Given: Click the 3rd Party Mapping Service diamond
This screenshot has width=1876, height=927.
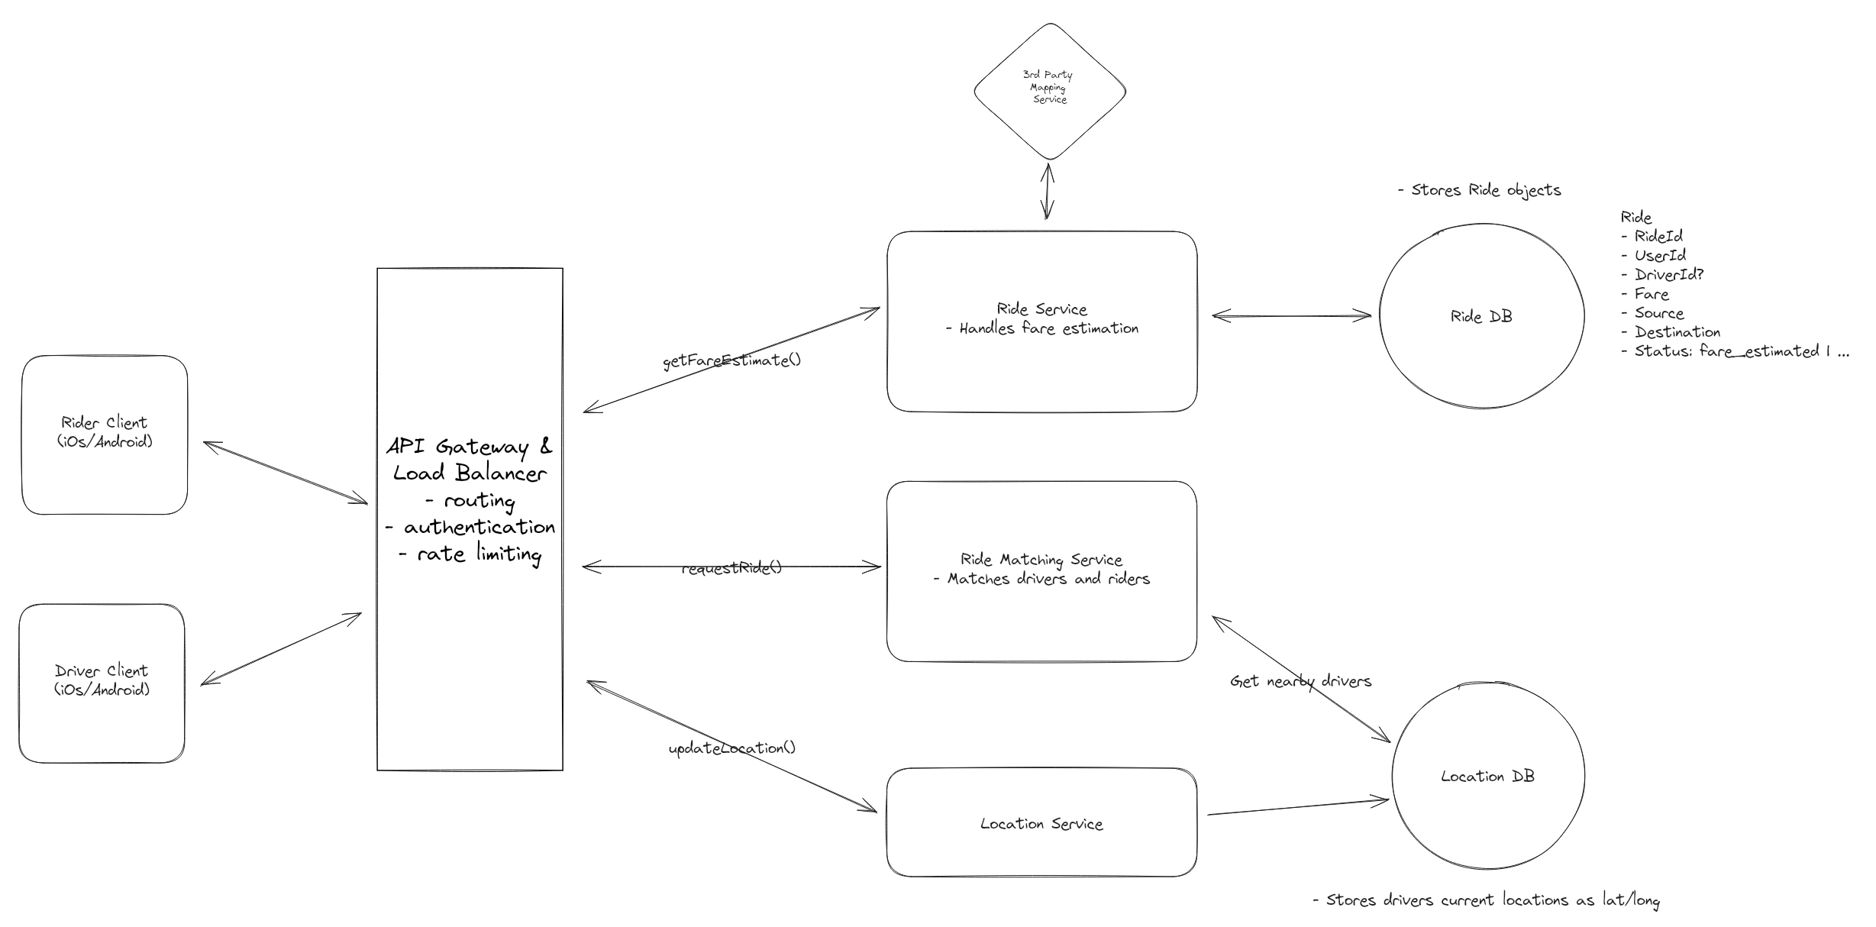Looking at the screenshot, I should (1049, 91).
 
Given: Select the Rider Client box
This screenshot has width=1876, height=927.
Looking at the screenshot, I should (105, 434).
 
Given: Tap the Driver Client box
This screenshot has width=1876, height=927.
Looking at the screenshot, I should (102, 683).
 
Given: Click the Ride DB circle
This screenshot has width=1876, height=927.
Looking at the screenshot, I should (1481, 316).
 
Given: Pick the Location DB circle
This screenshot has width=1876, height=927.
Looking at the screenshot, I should (1487, 777).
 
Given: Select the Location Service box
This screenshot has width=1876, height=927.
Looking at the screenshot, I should (1041, 823).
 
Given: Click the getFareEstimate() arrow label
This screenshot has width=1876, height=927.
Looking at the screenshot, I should (731, 360).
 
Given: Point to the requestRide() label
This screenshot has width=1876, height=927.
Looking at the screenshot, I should (731, 568).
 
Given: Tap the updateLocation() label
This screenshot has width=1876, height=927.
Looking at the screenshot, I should (731, 748).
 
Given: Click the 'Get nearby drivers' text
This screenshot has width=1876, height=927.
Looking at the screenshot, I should (1300, 681).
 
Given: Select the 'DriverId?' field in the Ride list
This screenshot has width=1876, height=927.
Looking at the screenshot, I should (1668, 274).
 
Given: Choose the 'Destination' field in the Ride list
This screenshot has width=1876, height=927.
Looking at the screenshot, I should (1677, 331).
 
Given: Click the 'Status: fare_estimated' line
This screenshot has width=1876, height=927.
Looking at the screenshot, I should (1733, 351).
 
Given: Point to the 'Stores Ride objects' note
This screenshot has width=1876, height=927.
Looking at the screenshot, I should (1480, 190).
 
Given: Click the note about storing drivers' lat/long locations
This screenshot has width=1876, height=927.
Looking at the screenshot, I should (1486, 900).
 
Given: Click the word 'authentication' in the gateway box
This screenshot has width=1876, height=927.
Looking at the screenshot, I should (479, 527).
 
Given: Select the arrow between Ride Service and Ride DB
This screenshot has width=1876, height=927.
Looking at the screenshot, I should (1291, 315).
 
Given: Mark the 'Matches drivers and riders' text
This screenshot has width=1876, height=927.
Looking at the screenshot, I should (1048, 579).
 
